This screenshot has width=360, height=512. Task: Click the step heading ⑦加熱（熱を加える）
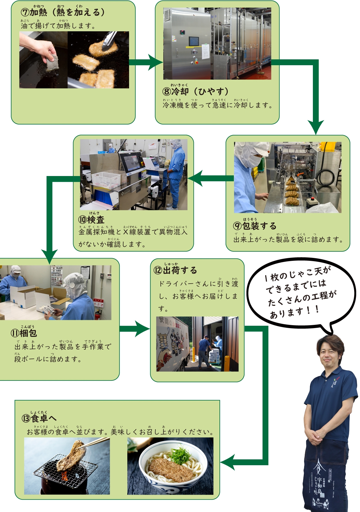pos(63,12)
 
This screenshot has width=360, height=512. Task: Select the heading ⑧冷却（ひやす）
pos(196,91)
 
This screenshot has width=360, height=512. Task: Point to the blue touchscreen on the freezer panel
pos(194,41)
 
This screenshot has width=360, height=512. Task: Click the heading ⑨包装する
pos(255,226)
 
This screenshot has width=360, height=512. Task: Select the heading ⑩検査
pos(91,219)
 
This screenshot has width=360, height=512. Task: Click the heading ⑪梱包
pos(24,333)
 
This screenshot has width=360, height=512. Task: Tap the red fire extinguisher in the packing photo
pos(97,315)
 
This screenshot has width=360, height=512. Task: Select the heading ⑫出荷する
pos(175,270)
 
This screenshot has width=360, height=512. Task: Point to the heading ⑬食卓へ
pos(39,418)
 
